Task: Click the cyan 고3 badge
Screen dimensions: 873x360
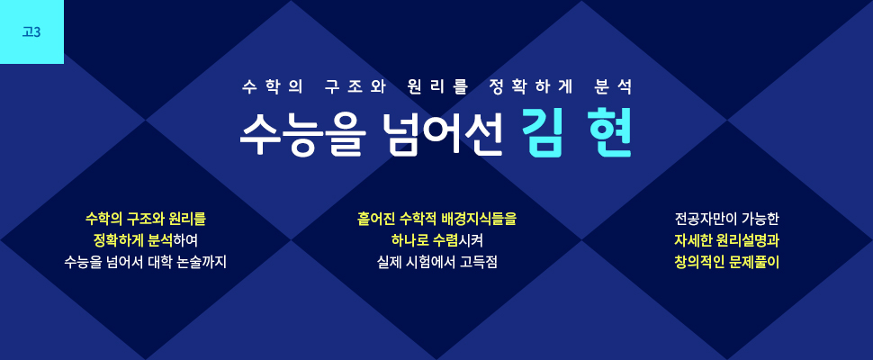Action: click(x=31, y=31)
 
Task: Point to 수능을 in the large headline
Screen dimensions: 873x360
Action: click(x=303, y=136)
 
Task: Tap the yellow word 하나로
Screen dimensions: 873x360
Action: click(x=409, y=241)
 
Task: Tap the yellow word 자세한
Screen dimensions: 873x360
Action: click(x=692, y=241)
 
